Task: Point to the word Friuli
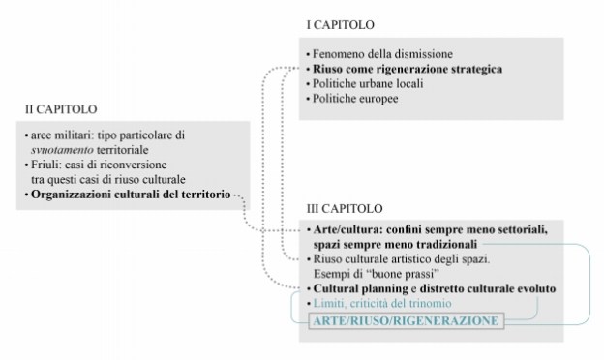point(42,166)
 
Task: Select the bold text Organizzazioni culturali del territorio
point(130,195)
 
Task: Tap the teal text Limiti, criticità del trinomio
point(377,304)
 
